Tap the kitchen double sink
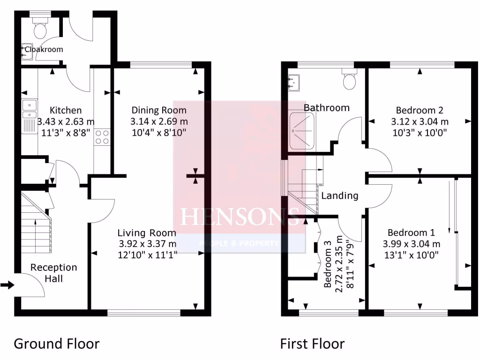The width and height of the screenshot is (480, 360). click(30, 109)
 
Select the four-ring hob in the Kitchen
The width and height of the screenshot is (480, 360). click(102, 136)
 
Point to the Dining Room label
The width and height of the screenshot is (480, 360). click(158, 111)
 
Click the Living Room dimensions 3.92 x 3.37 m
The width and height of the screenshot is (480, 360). click(147, 243)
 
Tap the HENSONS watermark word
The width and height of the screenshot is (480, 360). click(240, 217)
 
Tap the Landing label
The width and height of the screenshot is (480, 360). click(339, 196)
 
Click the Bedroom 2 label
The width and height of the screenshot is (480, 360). click(420, 111)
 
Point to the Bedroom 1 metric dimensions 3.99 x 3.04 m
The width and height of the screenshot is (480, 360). click(411, 243)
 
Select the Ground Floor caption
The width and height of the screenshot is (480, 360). click(56, 344)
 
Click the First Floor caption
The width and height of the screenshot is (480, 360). click(312, 344)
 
